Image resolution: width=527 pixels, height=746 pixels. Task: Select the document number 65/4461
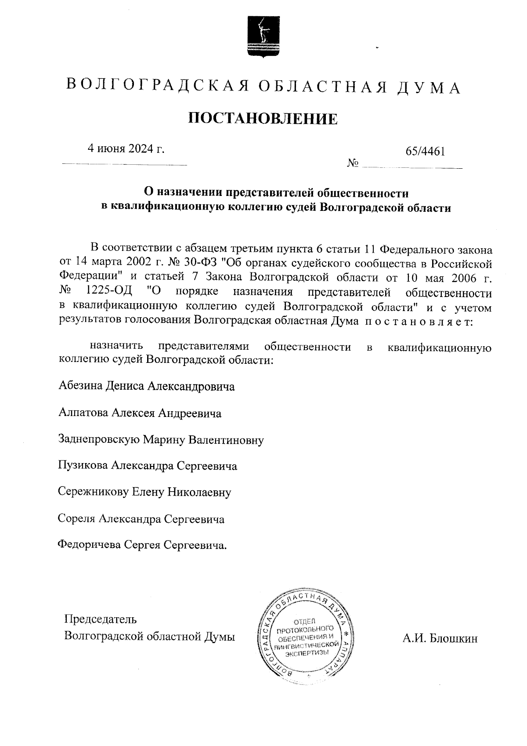coord(426,152)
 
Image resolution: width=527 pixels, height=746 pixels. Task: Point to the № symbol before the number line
coord(353,164)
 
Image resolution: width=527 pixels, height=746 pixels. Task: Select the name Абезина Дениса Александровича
coord(146,387)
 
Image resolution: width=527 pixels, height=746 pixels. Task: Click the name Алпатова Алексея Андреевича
coord(140,413)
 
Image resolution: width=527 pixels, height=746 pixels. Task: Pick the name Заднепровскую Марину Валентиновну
coord(161,440)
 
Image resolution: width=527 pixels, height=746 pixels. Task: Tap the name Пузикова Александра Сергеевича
coord(148,466)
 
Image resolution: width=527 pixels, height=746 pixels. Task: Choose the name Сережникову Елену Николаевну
coord(144,493)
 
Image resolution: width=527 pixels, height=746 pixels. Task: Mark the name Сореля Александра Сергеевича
coord(141,519)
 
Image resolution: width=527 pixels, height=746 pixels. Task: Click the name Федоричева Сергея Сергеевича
coord(143,546)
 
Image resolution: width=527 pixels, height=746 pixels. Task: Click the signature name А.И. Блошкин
coord(440,638)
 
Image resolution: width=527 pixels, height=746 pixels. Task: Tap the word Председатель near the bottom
coord(101,619)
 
